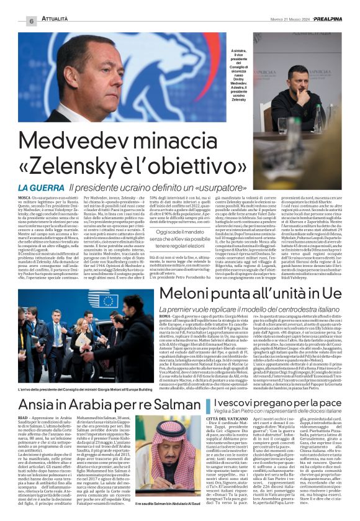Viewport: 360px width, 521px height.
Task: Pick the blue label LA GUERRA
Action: (x=41, y=187)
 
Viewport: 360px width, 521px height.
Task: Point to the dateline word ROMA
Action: (x=166, y=317)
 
